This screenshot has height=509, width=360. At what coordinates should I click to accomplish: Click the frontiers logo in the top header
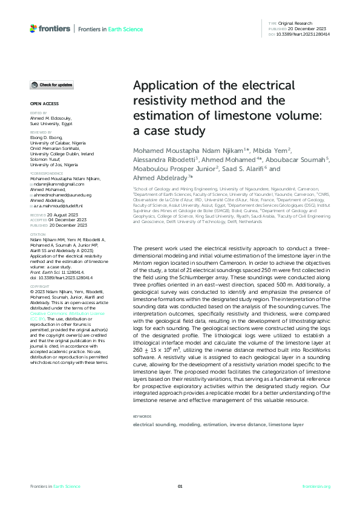51,28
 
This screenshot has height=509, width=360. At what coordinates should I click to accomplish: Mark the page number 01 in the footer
180,487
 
